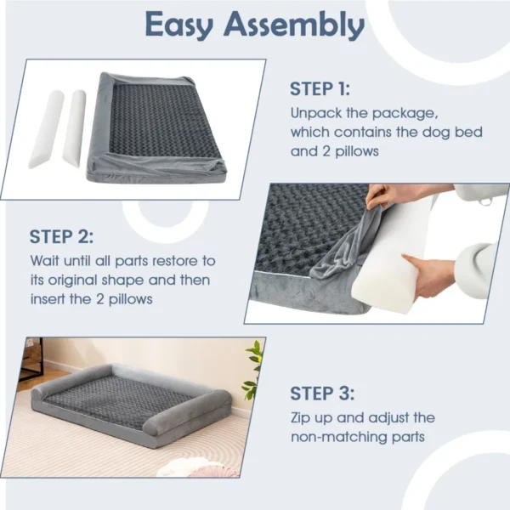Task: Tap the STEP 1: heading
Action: point(319,89)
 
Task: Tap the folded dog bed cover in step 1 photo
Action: point(157,123)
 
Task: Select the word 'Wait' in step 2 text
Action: point(45,260)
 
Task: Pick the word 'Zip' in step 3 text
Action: point(303,417)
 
